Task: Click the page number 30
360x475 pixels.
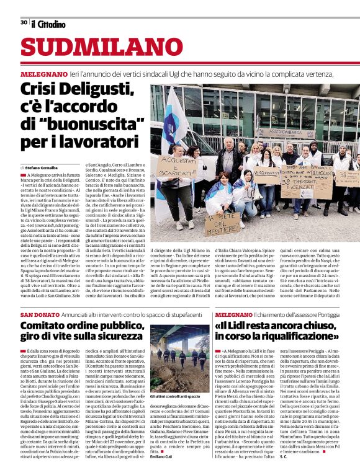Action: coord(24,22)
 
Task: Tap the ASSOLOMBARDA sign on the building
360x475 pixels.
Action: coord(286,132)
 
